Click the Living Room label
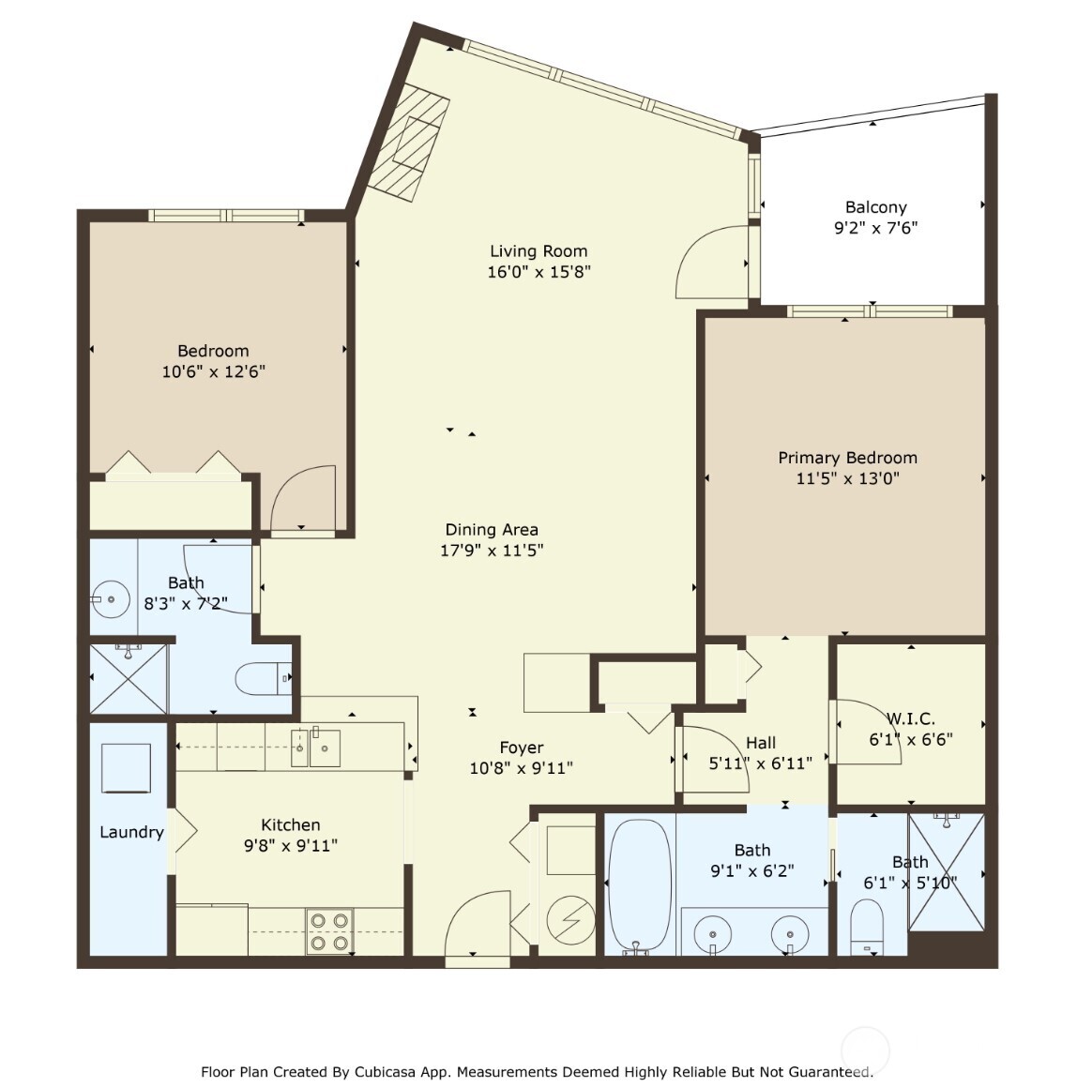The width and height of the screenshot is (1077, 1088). [x=538, y=251]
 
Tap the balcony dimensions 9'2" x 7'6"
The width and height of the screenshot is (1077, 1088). [x=875, y=228]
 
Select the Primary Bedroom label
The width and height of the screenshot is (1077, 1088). [x=847, y=458]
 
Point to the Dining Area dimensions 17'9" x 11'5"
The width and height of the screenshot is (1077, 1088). [x=492, y=551]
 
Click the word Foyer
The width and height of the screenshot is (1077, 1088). [x=521, y=748]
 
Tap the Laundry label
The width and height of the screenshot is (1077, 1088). [x=131, y=832]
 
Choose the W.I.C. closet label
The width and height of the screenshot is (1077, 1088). [x=910, y=718]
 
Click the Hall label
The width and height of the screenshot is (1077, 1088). [x=761, y=743]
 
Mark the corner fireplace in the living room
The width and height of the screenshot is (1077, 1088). [x=408, y=143]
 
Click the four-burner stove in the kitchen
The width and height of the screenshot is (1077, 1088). [x=329, y=931]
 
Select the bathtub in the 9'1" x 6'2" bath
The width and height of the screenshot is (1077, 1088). [x=640, y=884]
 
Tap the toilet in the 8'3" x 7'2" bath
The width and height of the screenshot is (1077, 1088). [x=263, y=677]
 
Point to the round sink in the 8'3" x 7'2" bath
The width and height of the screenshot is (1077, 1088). [x=113, y=598]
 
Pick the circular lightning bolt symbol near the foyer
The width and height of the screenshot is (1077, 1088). [x=570, y=921]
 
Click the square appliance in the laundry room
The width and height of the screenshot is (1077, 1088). [x=126, y=768]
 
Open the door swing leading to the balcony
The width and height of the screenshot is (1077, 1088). [x=713, y=264]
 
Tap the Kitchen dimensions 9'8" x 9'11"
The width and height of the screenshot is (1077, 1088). [x=290, y=845]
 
